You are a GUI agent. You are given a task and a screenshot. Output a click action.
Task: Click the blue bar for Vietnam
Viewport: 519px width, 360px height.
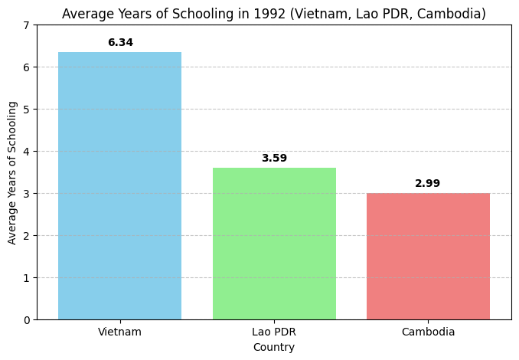pyautogui.click(x=119, y=185)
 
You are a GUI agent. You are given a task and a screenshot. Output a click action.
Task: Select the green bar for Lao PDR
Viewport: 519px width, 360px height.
pyautogui.click(x=274, y=244)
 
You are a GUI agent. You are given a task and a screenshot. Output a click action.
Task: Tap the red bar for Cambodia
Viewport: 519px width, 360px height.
pyautogui.click(x=428, y=256)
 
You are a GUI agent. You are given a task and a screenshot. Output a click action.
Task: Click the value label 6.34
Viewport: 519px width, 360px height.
pyautogui.click(x=120, y=43)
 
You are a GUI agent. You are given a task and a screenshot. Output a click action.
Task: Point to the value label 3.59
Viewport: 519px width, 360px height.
pyautogui.click(x=274, y=159)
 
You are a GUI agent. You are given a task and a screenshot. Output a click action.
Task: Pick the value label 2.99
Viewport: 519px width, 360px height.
pyautogui.click(x=428, y=184)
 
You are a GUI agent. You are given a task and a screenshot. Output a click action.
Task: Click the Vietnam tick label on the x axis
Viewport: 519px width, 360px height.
pyautogui.click(x=119, y=332)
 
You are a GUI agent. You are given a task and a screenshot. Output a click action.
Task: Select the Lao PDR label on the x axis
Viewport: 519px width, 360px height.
pyautogui.click(x=274, y=332)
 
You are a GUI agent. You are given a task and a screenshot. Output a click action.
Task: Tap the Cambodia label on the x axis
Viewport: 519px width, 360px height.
pyautogui.click(x=428, y=332)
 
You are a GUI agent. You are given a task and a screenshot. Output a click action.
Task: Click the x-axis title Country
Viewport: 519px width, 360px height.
pyautogui.click(x=274, y=347)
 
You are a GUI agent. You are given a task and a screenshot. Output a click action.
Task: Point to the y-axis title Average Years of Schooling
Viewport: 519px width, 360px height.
pyautogui.click(x=12, y=172)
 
